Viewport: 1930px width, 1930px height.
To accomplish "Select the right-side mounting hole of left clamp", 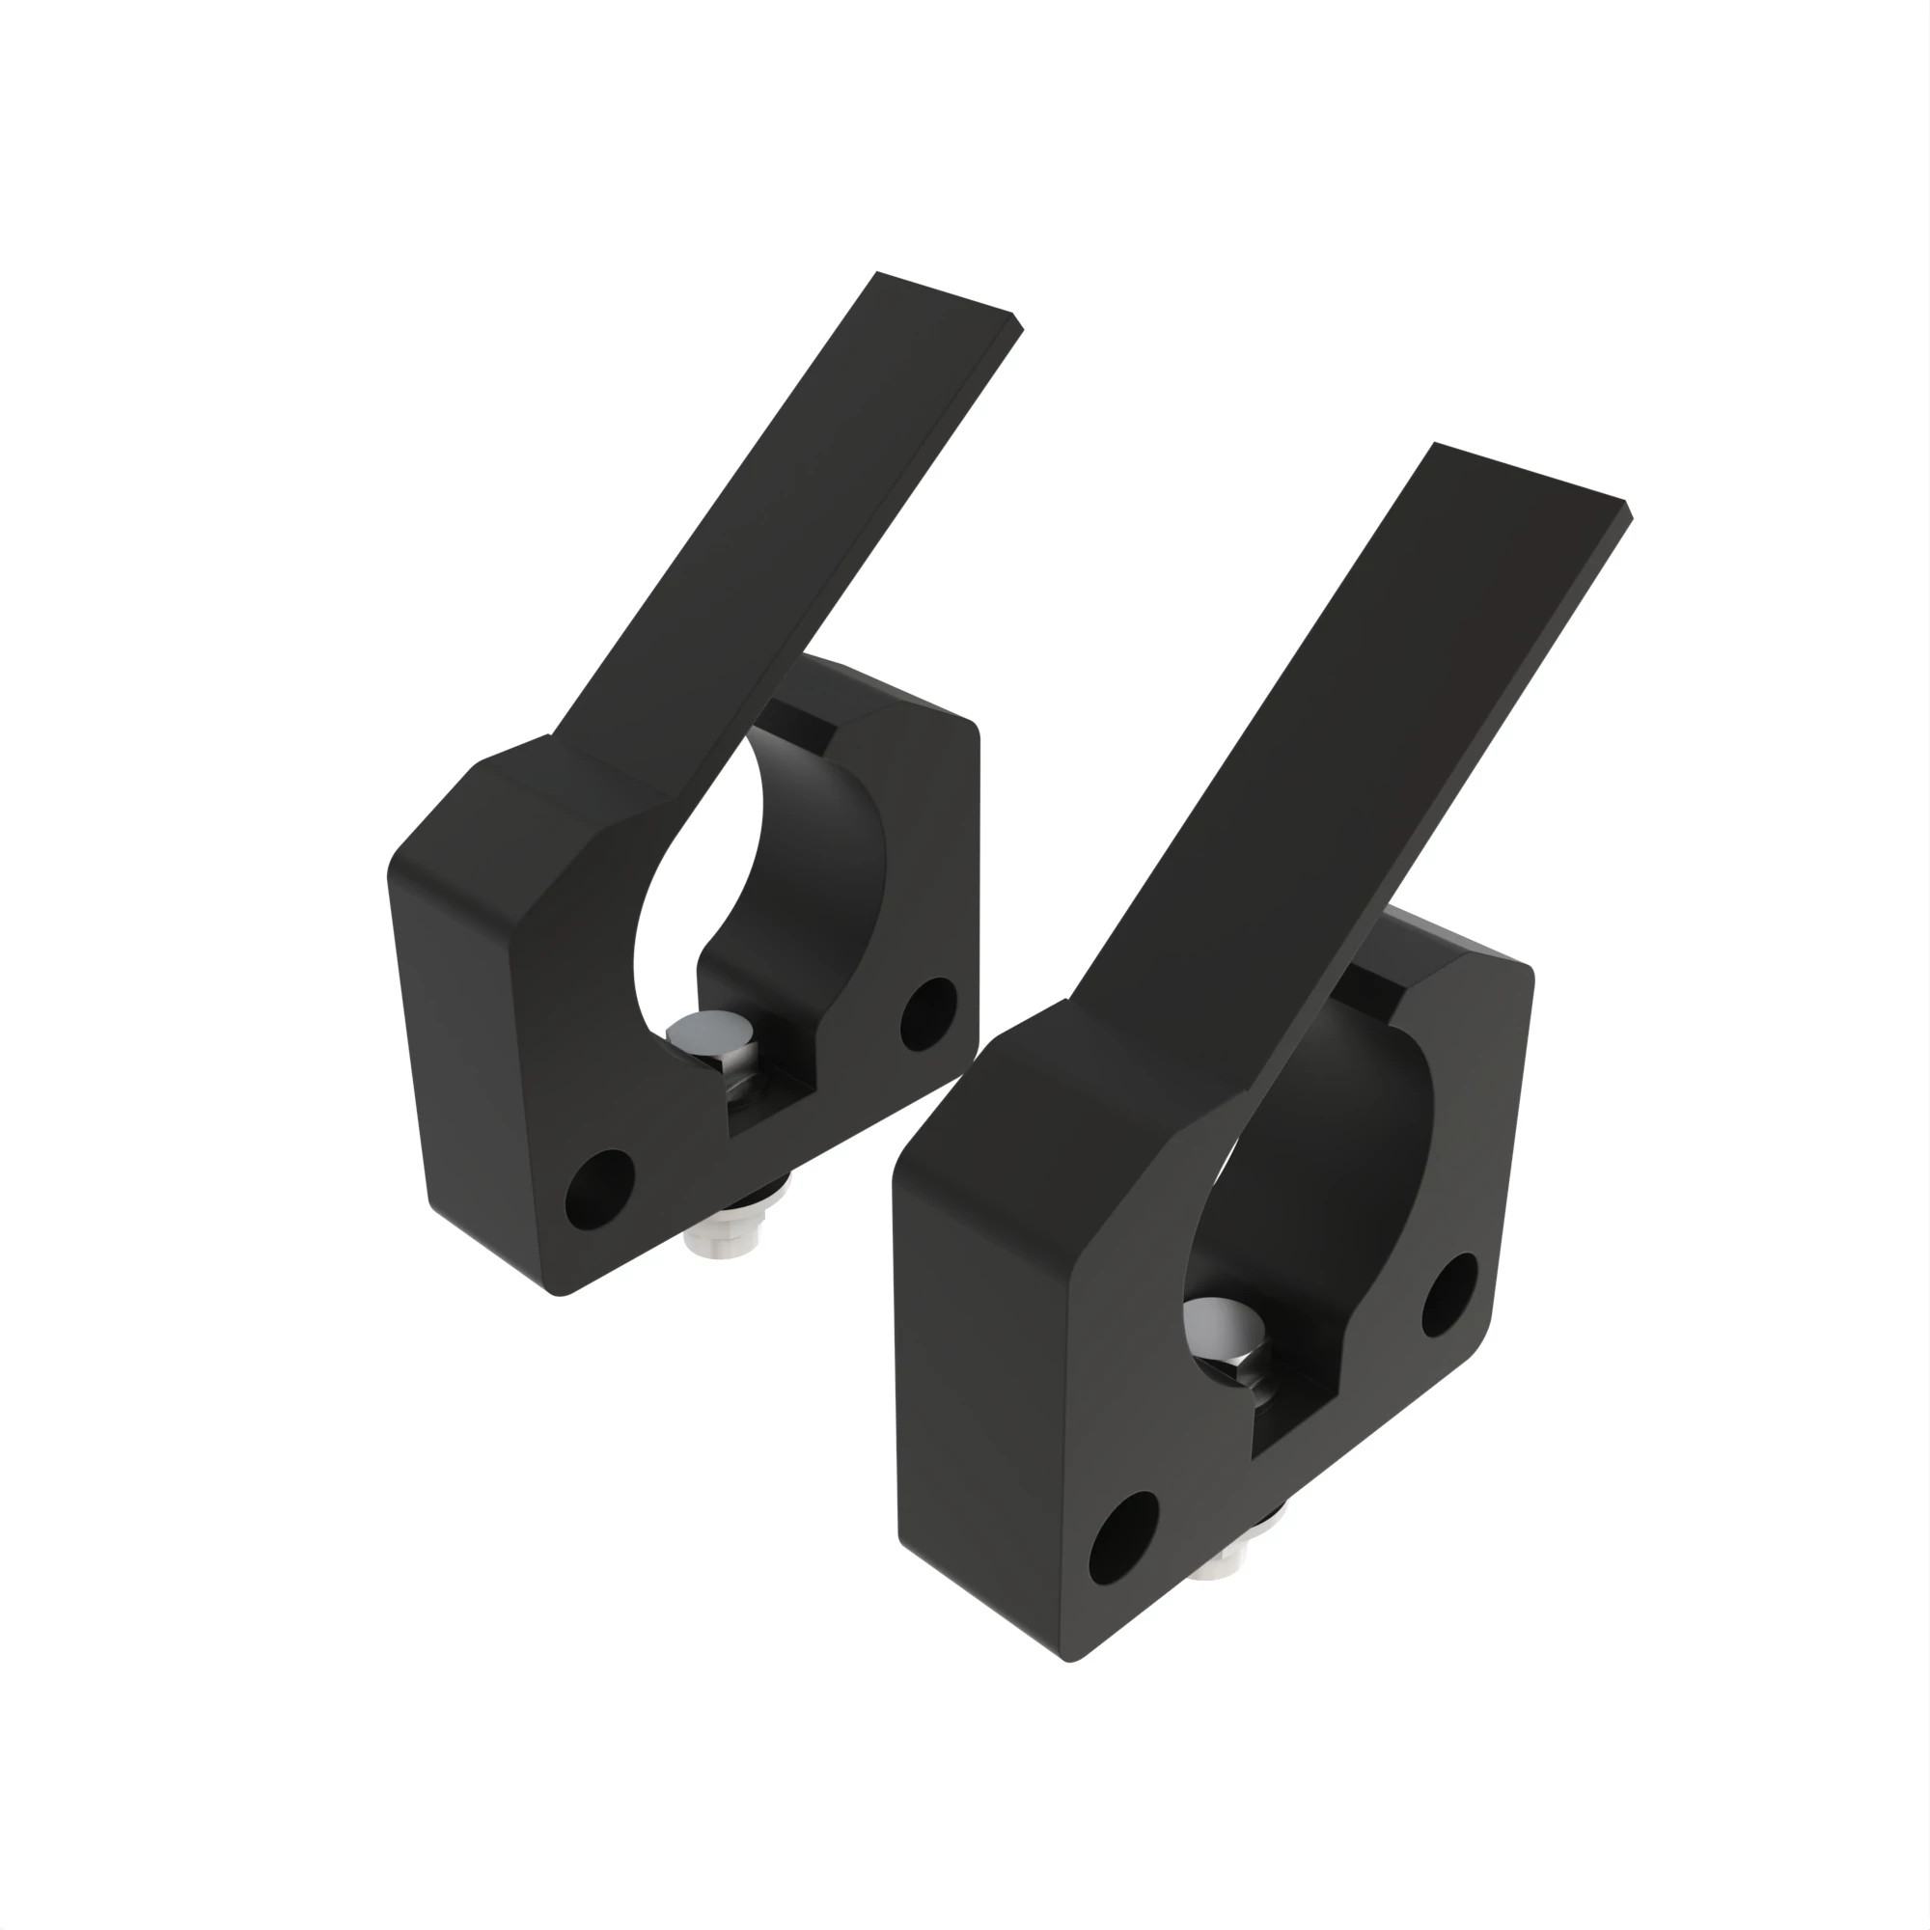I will pos(928,1014).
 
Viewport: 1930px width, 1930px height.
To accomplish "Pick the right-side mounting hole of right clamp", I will pos(1448,1295).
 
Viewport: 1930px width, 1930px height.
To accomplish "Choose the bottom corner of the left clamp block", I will pos(562,1295).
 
